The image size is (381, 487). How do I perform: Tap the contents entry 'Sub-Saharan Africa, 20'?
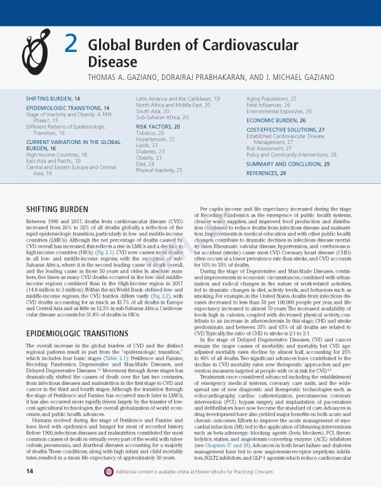point(163,117)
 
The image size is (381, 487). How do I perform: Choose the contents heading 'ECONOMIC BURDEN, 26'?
point(276,120)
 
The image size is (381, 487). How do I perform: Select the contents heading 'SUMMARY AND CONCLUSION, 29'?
point(288,164)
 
